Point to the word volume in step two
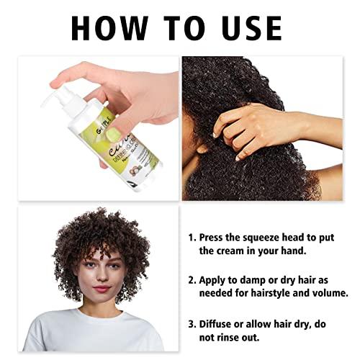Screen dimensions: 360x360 coord(330,294)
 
